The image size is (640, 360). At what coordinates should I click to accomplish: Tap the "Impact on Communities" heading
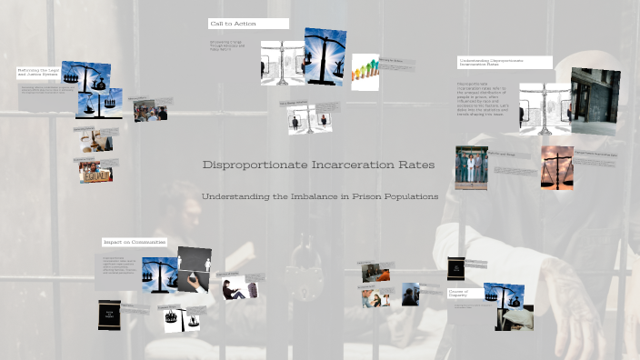[x=135, y=242]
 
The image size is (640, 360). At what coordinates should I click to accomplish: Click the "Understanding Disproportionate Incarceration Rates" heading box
[x=504, y=62]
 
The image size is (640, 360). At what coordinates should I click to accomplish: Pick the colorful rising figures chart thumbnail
[x=365, y=72]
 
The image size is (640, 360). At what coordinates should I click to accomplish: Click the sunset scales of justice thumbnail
[x=556, y=168]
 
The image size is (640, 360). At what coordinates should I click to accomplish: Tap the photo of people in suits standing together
[x=471, y=167]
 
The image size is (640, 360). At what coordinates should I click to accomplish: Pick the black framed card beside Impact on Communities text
[x=109, y=314]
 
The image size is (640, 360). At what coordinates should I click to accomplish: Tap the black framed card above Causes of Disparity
[x=455, y=269]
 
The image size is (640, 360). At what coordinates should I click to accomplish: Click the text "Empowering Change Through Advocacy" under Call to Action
[x=228, y=45]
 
